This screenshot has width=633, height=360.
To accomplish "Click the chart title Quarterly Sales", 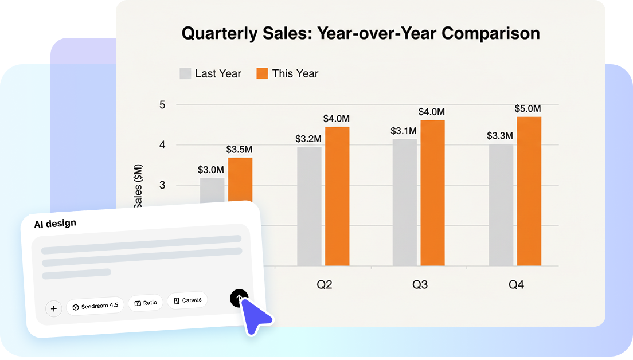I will coord(361,33).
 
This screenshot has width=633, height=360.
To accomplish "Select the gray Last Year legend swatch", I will coord(186,73).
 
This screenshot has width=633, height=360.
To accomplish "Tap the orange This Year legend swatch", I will coord(263,73).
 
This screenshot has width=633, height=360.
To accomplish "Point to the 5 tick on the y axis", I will coord(162,104).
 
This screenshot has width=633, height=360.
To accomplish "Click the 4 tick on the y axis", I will coord(162,145).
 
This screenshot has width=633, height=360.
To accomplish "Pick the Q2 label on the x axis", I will coord(324,285).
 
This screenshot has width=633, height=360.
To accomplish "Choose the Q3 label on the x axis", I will coord(420,285).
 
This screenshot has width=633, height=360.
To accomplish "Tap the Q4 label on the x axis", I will coord(516,285).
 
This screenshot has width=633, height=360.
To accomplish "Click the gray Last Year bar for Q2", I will coord(309,206).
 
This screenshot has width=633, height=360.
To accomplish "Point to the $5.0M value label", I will coord(527,108).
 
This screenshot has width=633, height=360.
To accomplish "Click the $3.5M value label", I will coord(239,149).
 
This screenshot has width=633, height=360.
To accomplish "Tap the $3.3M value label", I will coord(500,136).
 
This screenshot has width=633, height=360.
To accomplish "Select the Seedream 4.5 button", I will coord(95,306).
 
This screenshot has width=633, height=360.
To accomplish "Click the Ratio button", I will coord(146,303).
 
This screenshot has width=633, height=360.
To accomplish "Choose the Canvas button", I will coord(187,300).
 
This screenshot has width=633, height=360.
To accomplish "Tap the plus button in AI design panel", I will coord(54,309).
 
